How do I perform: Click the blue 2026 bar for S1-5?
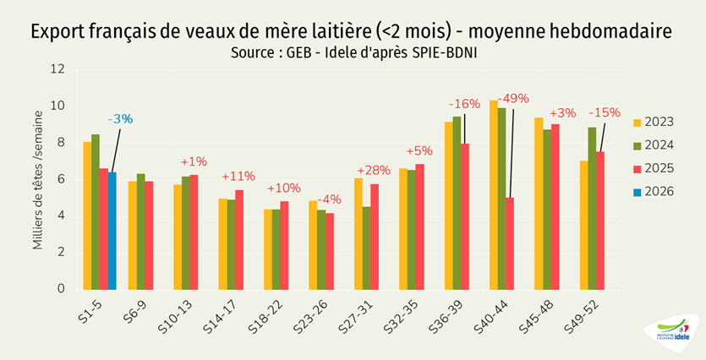[x=112, y=230]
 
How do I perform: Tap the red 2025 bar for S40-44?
[x=511, y=243]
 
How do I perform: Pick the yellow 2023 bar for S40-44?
[x=494, y=194]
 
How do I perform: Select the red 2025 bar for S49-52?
[x=601, y=220]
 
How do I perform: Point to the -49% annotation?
[x=513, y=97]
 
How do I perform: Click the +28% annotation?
[x=373, y=169]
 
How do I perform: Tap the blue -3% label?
[x=120, y=119]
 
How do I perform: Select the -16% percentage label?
[x=464, y=104]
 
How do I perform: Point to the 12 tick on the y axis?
[x=58, y=69]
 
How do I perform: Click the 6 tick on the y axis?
[x=61, y=179]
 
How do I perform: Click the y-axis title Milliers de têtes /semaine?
[x=38, y=179]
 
